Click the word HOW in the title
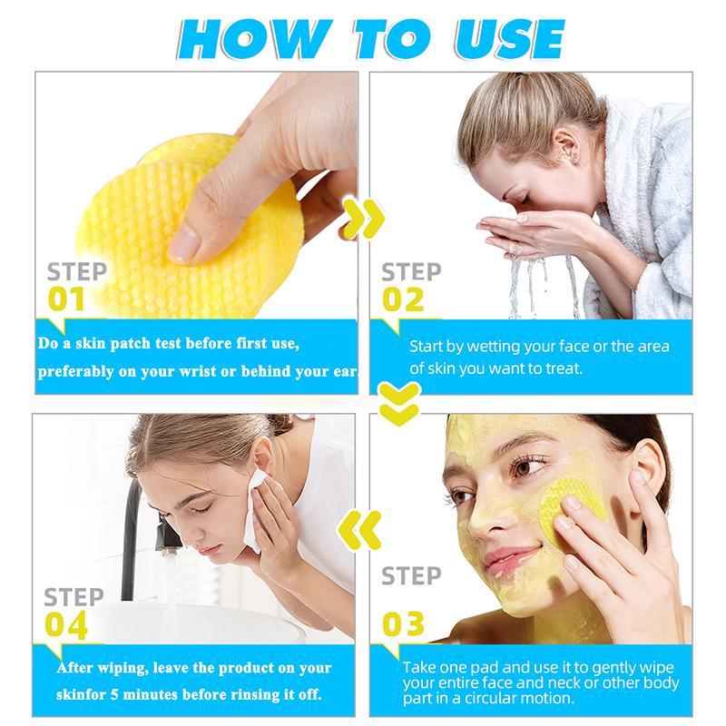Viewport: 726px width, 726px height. pos(255,39)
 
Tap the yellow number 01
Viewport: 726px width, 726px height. pos(66,299)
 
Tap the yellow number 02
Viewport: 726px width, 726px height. pos(403,299)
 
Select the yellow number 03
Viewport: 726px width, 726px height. pos(403,623)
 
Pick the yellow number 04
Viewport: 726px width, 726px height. pos(65,625)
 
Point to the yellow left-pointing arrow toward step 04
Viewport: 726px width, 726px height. pos(359,530)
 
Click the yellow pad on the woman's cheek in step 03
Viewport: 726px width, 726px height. pos(572,509)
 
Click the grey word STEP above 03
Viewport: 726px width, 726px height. pos(411,576)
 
